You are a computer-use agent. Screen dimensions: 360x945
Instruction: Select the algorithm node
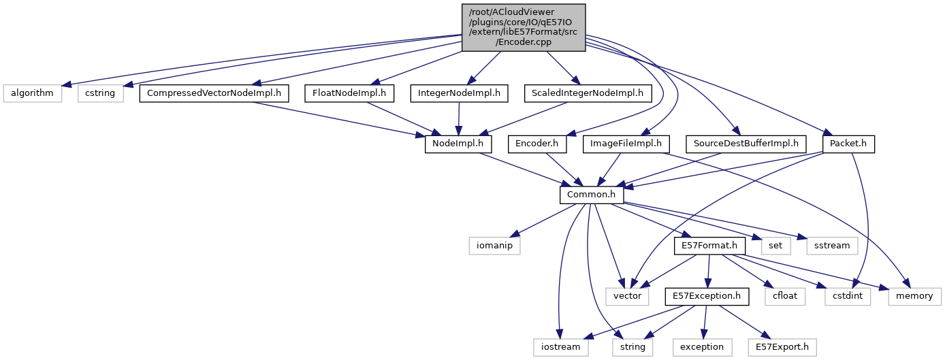31,93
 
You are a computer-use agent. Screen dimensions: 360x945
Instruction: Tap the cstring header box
100,93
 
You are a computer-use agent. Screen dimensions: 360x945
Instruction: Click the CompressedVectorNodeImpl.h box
214,93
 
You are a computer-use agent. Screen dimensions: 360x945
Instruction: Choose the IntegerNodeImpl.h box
459,93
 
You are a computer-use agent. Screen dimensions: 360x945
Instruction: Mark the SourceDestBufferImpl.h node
745,144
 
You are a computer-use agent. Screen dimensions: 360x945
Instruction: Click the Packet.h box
848,144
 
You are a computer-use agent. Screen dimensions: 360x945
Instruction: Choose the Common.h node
591,195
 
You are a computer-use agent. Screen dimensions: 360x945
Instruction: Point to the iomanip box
494,246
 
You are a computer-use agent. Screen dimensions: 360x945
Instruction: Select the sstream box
831,246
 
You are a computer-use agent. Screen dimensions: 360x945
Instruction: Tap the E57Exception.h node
707,297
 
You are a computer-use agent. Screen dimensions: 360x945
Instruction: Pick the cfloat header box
784,297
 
